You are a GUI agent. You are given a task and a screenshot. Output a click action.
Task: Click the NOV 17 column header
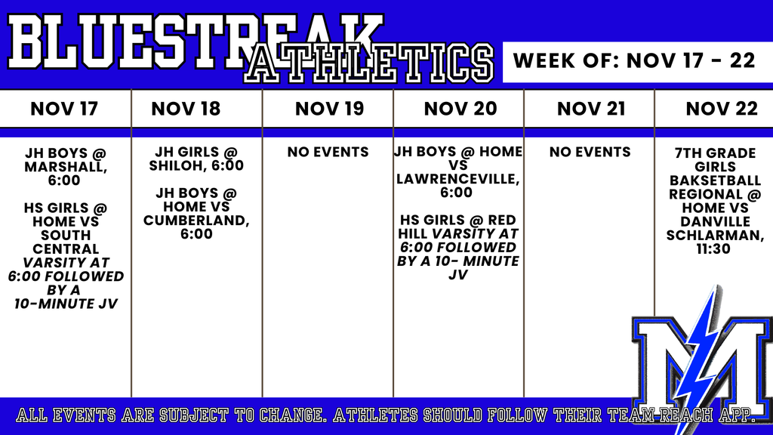pyautogui.click(x=64, y=109)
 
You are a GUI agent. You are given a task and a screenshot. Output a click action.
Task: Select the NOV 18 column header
pyautogui.click(x=186, y=109)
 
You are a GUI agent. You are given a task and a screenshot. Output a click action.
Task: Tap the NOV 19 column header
pyautogui.click(x=329, y=109)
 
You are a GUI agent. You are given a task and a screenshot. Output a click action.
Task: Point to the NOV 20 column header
pyautogui.click(x=460, y=109)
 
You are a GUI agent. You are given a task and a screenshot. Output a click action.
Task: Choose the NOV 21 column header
pyautogui.click(x=591, y=109)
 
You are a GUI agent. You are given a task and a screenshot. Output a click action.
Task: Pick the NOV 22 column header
pyautogui.click(x=722, y=109)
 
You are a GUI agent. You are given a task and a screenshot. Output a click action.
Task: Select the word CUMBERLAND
pyautogui.click(x=196, y=221)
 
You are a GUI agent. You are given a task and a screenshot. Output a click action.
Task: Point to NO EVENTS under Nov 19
pyautogui.click(x=328, y=152)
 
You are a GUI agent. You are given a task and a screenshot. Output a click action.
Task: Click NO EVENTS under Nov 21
pyautogui.click(x=590, y=152)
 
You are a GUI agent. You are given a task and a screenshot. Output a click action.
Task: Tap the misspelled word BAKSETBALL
pyautogui.click(x=715, y=180)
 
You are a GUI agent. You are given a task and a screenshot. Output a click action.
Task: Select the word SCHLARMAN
pyautogui.click(x=715, y=236)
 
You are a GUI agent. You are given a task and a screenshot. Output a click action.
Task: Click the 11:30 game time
pyautogui.click(x=713, y=249)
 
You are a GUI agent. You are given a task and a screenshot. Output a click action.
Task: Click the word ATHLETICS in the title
pyautogui.click(x=368, y=63)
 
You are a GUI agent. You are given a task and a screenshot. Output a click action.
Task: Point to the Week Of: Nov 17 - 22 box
pyautogui.click(x=638, y=62)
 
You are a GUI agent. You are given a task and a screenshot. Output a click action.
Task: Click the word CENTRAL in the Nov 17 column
pyautogui.click(x=66, y=249)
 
